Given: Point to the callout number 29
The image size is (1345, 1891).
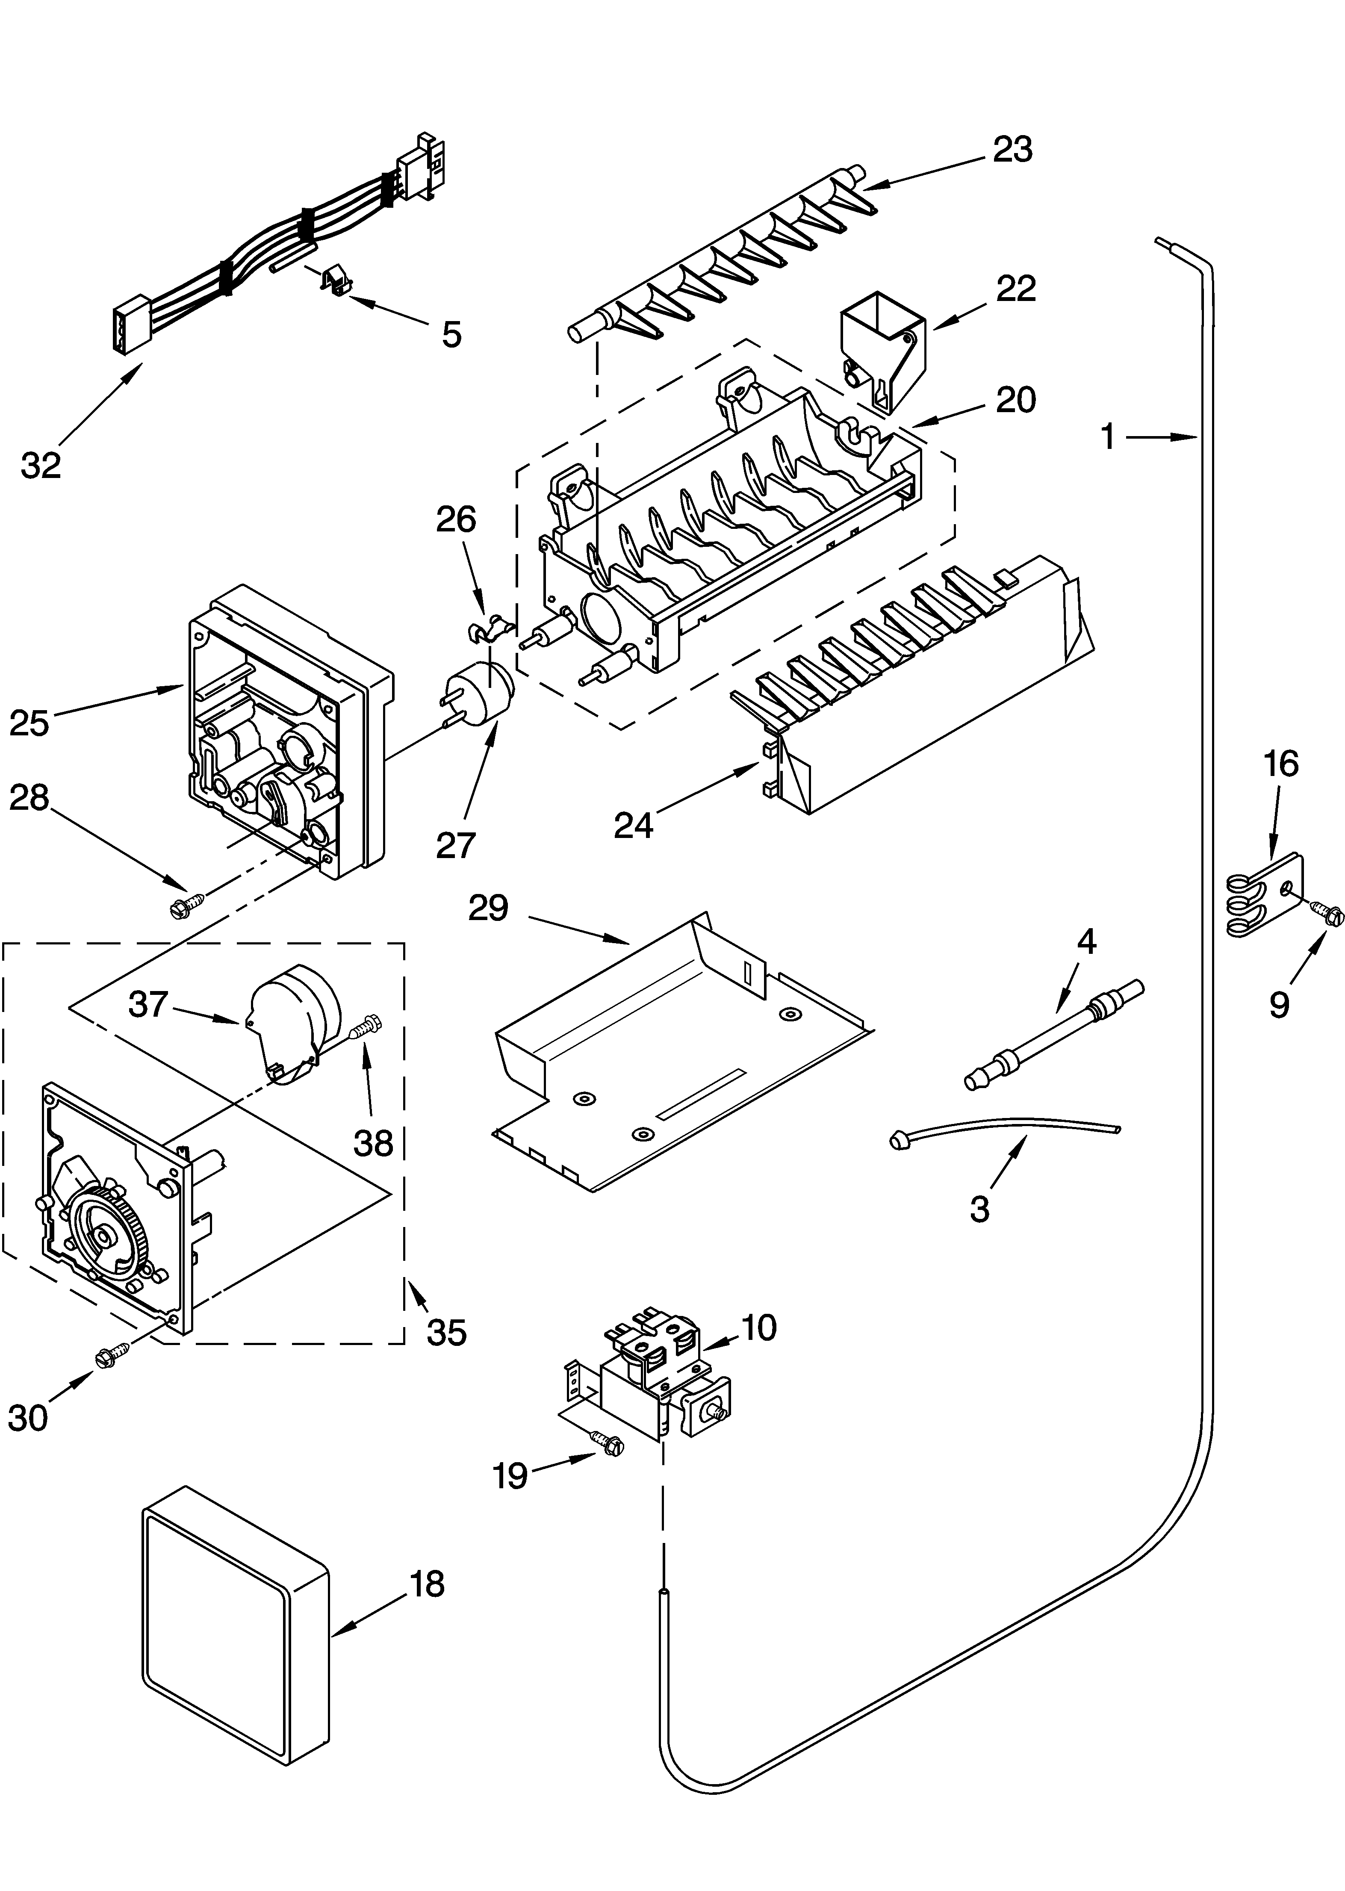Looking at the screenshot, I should (x=488, y=909).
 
